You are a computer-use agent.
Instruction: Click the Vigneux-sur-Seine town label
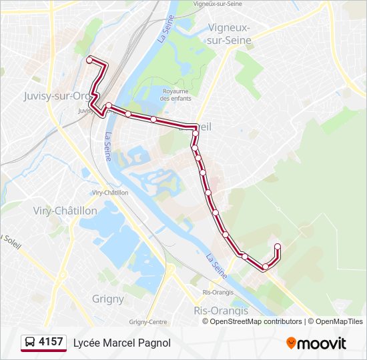(x=230, y=33)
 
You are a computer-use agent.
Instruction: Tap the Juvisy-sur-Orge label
(x=57, y=95)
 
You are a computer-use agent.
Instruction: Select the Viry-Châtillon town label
(x=65, y=211)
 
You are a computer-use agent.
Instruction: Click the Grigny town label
(x=108, y=299)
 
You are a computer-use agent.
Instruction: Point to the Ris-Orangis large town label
(x=221, y=311)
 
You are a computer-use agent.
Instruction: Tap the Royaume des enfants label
(x=175, y=95)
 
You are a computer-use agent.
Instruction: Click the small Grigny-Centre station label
(x=148, y=321)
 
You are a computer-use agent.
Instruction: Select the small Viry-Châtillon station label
(x=110, y=192)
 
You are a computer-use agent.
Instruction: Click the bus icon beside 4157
(x=30, y=343)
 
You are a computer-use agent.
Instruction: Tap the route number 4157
(x=51, y=343)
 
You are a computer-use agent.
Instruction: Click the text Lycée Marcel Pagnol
(x=122, y=343)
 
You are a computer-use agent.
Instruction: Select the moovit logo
(x=316, y=343)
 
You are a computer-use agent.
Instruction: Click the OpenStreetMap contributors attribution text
(x=256, y=321)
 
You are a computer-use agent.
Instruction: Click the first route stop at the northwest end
(x=89, y=60)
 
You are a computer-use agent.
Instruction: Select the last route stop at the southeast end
(x=277, y=247)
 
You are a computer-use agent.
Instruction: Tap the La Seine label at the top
(x=162, y=30)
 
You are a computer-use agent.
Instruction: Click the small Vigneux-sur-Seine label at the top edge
(x=218, y=3)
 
